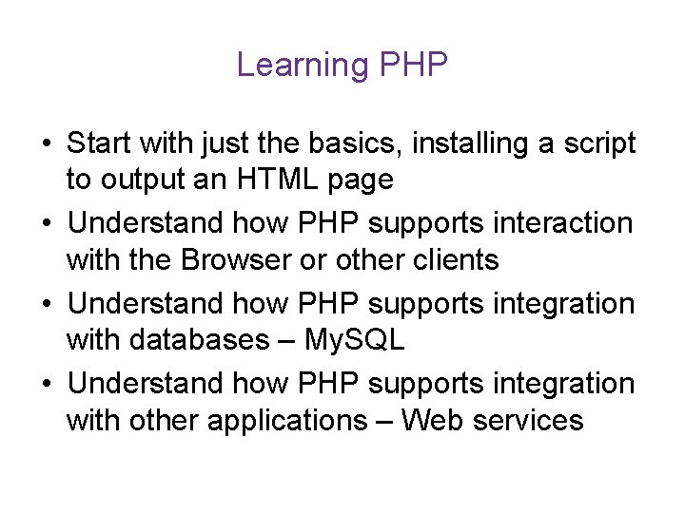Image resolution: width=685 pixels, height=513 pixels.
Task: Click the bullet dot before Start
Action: pyautogui.click(x=46, y=144)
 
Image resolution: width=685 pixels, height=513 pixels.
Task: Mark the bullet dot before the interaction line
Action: pyautogui.click(x=46, y=224)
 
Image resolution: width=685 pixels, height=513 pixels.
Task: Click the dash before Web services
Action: pyautogui.click(x=387, y=419)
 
